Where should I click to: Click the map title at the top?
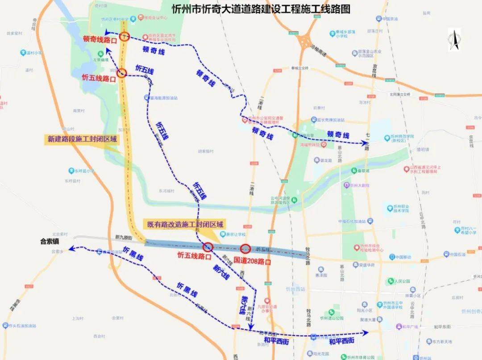point(261,8)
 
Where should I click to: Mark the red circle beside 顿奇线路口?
point(125,36)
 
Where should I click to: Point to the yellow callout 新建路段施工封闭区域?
point(82,139)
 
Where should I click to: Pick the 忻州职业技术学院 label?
point(398,209)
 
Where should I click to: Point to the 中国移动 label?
point(399,257)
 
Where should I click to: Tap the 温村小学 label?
point(33,53)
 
